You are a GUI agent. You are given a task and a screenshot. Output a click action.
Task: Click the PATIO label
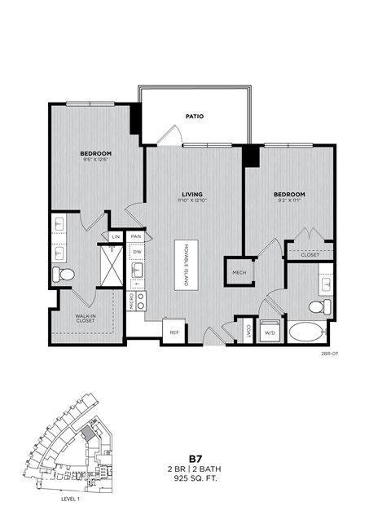pyautogui.click(x=194, y=117)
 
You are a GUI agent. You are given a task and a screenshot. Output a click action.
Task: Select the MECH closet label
pyautogui.click(x=239, y=272)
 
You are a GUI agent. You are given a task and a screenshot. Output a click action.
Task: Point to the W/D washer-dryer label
pyautogui.click(x=269, y=332)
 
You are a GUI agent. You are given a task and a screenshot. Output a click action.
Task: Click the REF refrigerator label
pyautogui.click(x=174, y=332)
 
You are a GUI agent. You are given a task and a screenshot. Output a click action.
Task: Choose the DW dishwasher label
pyautogui.click(x=136, y=251)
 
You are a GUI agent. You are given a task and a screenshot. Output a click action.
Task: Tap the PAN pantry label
pyautogui.click(x=136, y=236)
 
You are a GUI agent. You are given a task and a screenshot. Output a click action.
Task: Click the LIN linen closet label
pyautogui.click(x=116, y=236)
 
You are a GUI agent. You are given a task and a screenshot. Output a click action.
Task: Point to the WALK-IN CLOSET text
pyautogui.click(x=86, y=319)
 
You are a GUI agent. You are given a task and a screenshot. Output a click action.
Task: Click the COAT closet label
pyautogui.click(x=248, y=330)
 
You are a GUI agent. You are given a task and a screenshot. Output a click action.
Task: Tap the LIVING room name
pyautogui.click(x=191, y=194)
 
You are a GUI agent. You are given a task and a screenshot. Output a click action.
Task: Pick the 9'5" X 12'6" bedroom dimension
pyautogui.click(x=95, y=160)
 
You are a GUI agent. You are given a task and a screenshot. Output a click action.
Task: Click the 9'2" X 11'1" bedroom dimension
pyautogui.click(x=288, y=200)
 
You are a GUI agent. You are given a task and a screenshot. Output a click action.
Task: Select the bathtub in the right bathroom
pyautogui.click(x=305, y=332)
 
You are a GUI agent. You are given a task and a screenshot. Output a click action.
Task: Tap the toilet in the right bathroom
pyautogui.click(x=321, y=306)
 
